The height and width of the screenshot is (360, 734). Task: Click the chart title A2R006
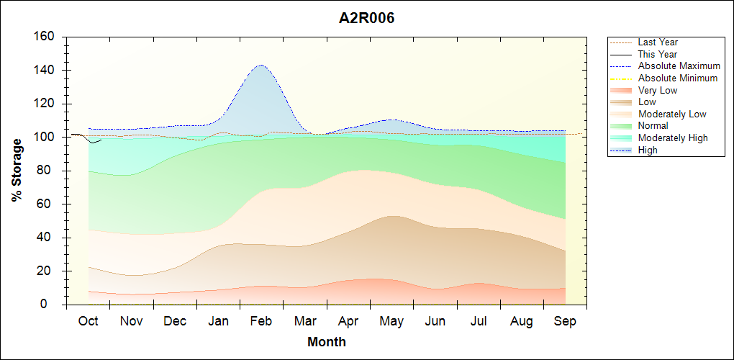click(x=367, y=18)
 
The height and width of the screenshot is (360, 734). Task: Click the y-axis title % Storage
click(x=17, y=170)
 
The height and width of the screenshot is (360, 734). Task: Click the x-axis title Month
click(x=327, y=342)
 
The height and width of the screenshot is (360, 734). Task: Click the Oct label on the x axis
click(x=89, y=321)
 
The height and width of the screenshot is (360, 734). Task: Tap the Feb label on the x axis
click(x=261, y=321)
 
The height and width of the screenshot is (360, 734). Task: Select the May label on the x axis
click(x=391, y=321)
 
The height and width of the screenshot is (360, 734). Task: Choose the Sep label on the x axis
click(x=565, y=321)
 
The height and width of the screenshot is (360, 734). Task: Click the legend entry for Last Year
click(x=658, y=42)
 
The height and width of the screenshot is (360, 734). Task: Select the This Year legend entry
click(x=658, y=54)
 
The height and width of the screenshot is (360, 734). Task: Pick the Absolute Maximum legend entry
click(x=679, y=66)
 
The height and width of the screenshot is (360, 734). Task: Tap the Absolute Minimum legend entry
click(x=678, y=78)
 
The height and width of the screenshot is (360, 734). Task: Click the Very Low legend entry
click(x=658, y=90)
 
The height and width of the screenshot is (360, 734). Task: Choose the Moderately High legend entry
click(x=673, y=138)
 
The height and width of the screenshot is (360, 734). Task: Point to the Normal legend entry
click(x=653, y=126)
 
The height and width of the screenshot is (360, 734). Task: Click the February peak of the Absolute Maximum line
click(x=260, y=66)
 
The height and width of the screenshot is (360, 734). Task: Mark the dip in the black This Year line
click(x=91, y=143)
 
